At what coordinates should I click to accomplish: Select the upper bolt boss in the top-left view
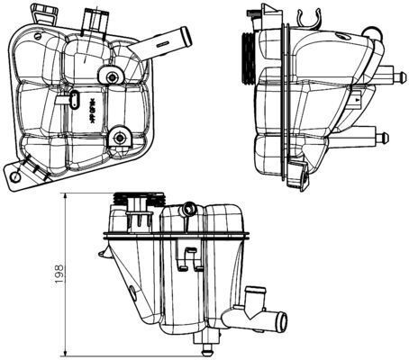(x=111, y=77)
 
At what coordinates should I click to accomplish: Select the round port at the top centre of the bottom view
(x=188, y=210)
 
